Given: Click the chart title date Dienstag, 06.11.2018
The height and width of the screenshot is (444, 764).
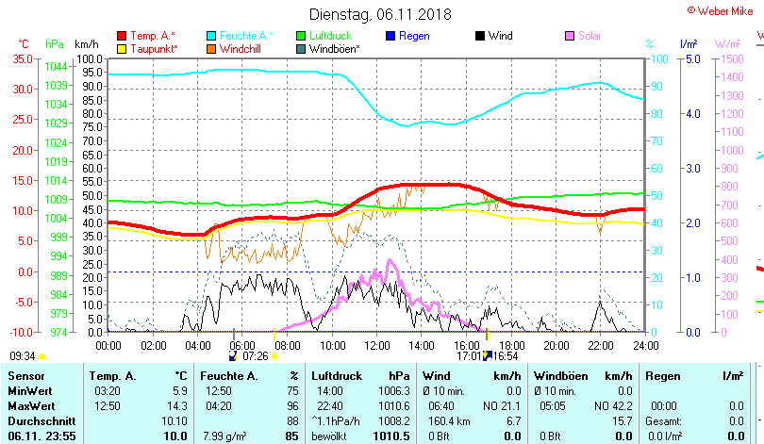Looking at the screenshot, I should coord(380,14).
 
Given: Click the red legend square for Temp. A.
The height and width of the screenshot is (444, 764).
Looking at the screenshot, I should coord(122,36).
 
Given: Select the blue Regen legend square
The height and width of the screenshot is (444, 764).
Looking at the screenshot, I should coord(391,36).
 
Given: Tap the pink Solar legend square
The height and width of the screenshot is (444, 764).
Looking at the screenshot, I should coord(570,36).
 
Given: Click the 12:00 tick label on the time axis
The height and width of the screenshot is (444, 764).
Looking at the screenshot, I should coord(376,345).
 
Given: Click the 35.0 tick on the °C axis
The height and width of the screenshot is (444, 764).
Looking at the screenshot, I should coord(22,58).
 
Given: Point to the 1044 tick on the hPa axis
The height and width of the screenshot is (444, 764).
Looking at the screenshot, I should coord(56,66).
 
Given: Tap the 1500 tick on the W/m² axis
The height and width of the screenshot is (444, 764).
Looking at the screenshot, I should coord(732,58).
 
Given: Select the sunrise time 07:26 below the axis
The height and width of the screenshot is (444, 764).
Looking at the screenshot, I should coord(256,357).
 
